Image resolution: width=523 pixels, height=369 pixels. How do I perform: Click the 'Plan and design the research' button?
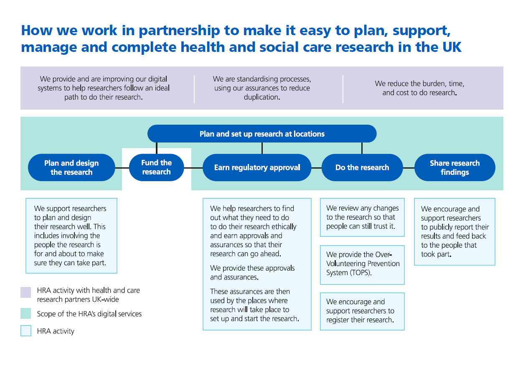71,168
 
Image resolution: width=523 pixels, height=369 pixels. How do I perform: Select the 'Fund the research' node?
156,167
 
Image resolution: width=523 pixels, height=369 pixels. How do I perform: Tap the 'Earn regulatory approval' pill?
257,168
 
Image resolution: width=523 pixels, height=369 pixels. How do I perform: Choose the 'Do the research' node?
362,168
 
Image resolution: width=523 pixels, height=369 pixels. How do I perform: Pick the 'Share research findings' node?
454,168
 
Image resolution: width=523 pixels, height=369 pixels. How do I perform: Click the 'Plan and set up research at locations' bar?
262,134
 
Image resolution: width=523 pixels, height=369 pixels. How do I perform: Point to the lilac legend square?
26,292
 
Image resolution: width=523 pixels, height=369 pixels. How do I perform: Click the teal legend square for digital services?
26,313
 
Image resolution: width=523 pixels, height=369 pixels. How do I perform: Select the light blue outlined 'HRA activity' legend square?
26,331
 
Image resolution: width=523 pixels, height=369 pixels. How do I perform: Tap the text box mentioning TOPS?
362,264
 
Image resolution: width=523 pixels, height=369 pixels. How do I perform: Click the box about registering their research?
362,311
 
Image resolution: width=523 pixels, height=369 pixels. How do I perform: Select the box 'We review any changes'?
362,217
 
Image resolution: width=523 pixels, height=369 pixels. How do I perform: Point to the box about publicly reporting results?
454,231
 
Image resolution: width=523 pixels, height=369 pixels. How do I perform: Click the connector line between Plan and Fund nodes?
122,168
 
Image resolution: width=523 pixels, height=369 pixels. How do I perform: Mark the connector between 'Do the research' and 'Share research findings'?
409,168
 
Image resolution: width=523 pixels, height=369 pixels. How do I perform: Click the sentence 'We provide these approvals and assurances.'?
252,272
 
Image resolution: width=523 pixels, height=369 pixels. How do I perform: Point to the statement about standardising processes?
262,88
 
